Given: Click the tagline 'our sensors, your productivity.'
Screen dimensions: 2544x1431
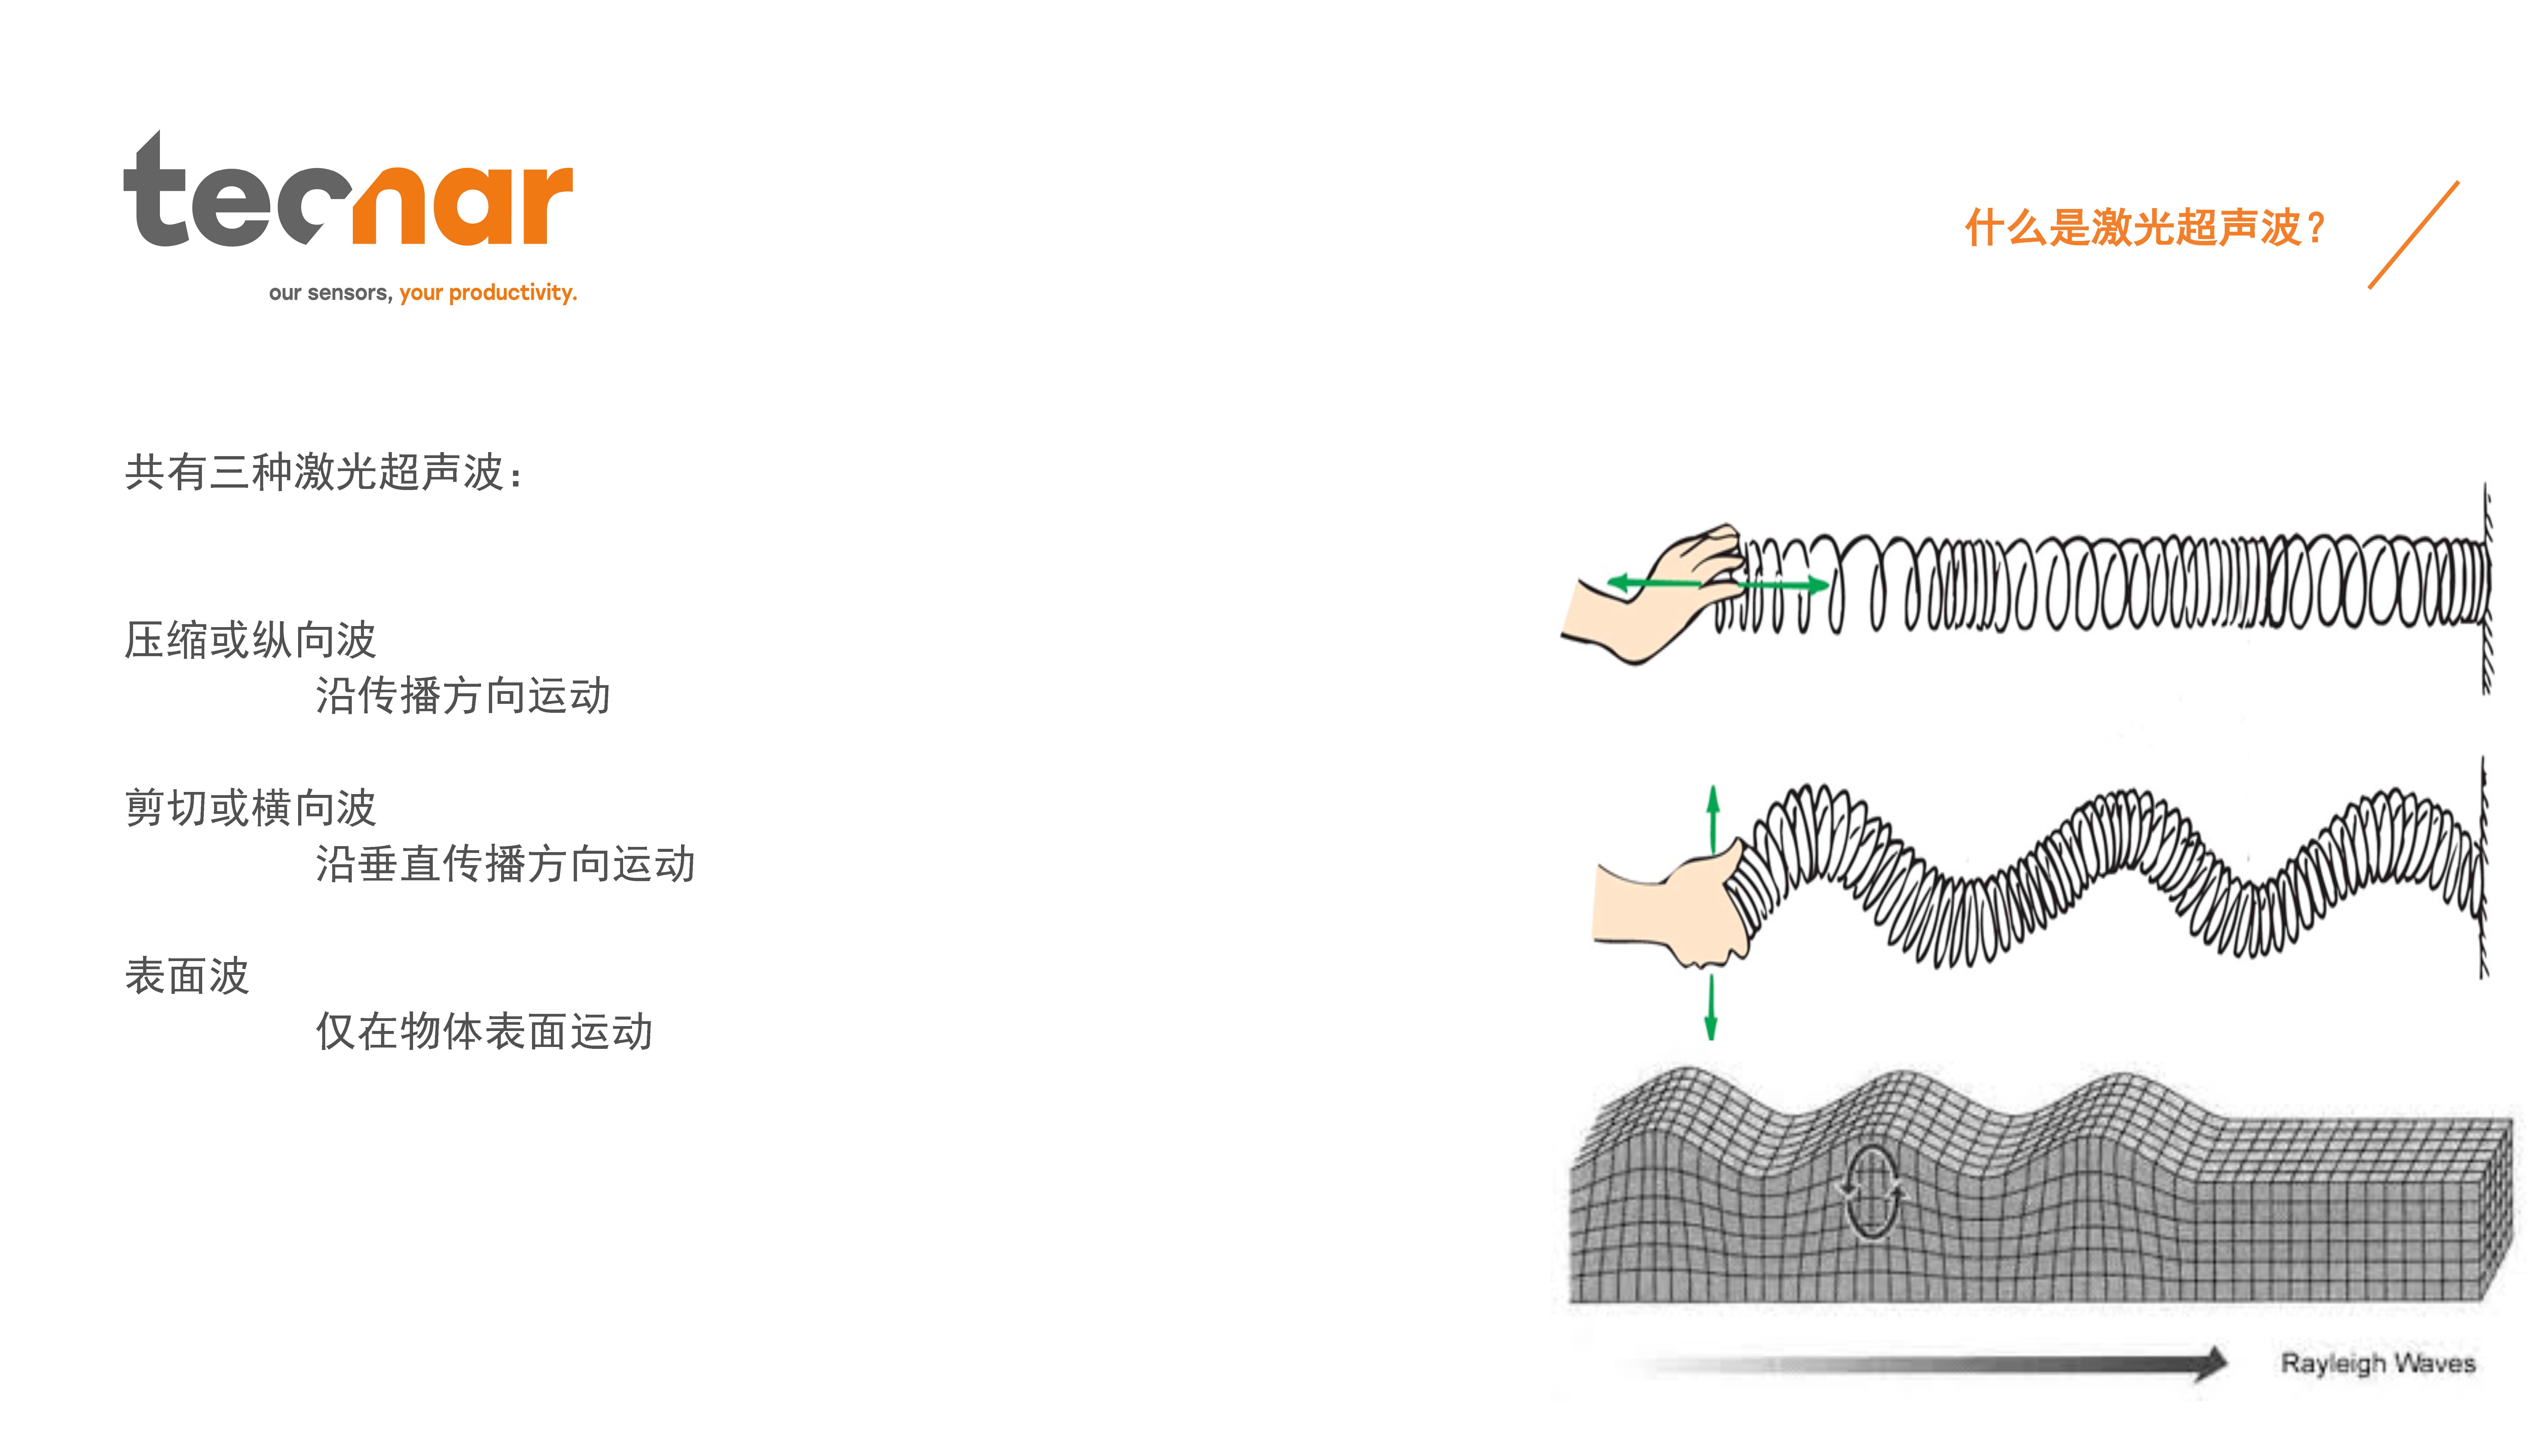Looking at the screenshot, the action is [x=423, y=292].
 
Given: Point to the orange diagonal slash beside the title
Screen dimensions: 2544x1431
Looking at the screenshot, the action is [x=2414, y=235].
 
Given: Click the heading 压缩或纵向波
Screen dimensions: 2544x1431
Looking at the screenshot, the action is [x=251, y=640].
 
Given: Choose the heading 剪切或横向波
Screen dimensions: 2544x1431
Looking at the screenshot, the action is [x=251, y=808].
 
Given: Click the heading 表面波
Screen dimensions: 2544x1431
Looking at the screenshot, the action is [x=188, y=976].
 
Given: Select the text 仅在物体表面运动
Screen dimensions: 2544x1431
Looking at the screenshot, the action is [x=484, y=1031].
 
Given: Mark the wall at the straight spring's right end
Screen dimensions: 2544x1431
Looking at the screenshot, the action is [x=2487, y=589].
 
